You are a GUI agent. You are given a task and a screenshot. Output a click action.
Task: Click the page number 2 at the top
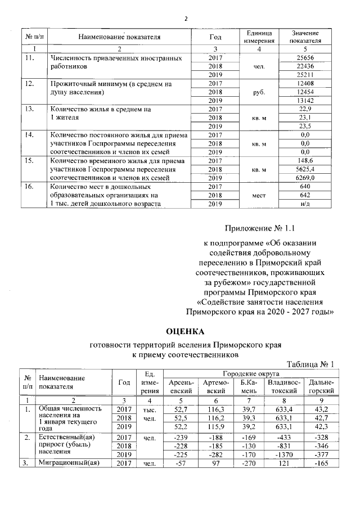click(185, 19)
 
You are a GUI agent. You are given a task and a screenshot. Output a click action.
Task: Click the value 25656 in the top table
click(305, 58)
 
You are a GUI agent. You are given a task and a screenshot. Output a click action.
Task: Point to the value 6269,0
click(305, 177)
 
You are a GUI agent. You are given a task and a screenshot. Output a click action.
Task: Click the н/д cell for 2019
click(305, 203)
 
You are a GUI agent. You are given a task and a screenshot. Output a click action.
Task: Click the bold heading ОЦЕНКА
click(185, 330)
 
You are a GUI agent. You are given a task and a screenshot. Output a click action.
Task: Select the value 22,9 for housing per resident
click(305, 109)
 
